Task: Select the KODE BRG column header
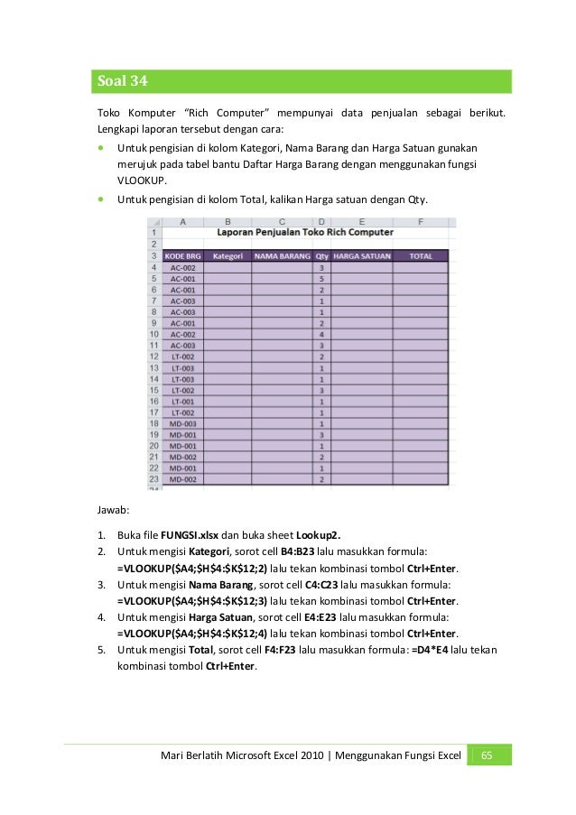coord(183,256)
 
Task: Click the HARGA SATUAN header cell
coord(362,256)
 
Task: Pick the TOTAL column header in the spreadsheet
coord(421,256)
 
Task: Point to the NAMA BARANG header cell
coord(282,256)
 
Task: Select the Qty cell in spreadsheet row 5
coord(321,279)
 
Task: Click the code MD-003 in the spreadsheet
coord(183,423)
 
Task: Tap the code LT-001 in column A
coord(183,401)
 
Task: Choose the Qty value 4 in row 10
coord(321,335)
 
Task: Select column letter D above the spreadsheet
coord(321,221)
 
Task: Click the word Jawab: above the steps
coord(115,509)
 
